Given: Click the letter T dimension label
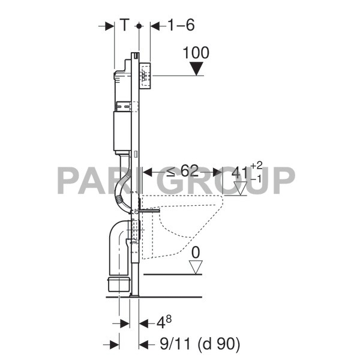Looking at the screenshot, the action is coord(124,25).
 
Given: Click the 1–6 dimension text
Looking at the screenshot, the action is coord(182,25).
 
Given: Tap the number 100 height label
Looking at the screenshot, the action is coord(196,53).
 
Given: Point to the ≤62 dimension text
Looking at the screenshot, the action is coord(182,171).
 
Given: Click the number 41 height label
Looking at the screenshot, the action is coord(240,173).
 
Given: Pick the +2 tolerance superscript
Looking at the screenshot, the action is coord(256,166).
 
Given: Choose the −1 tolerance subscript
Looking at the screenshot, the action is coord(256,179).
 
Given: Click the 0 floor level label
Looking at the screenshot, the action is coord(196,253).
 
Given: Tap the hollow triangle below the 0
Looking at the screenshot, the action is coord(196,267).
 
